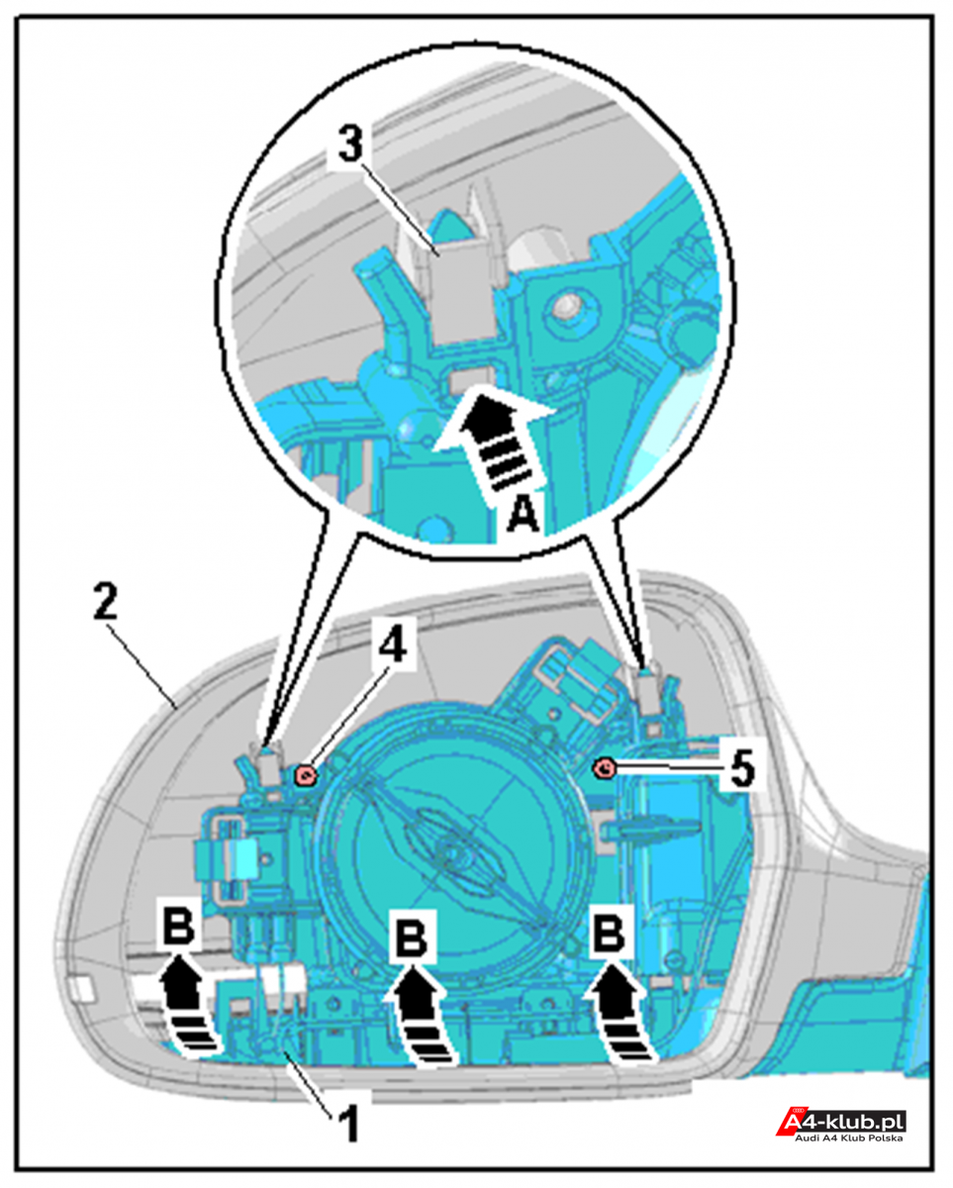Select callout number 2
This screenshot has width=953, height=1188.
106,602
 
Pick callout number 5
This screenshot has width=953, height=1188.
742,768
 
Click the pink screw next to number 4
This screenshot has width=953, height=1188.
306,775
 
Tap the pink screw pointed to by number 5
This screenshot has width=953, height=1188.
606,767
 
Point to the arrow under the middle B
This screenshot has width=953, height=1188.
422,1027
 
